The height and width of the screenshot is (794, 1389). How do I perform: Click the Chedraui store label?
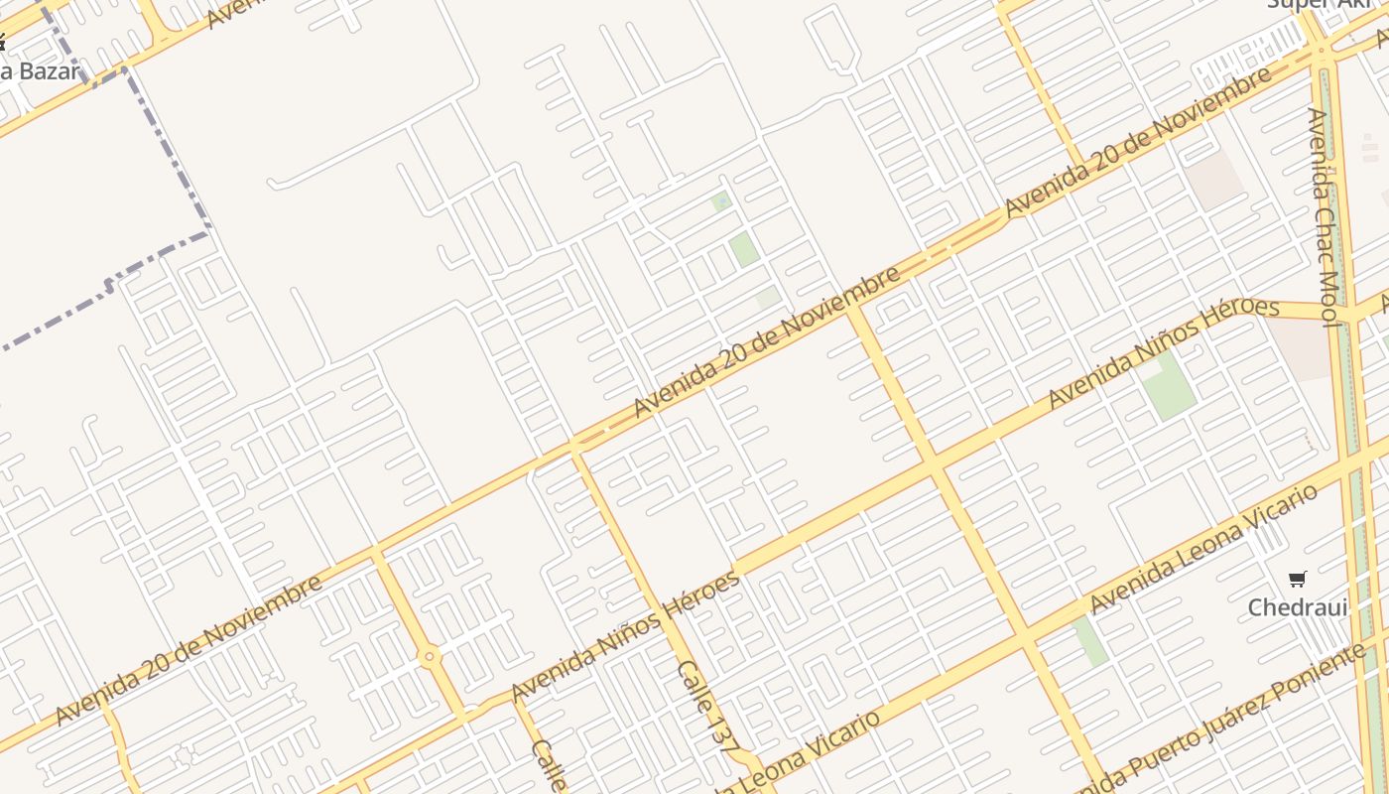(x=1298, y=606)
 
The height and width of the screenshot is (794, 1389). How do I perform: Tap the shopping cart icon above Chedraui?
(x=1297, y=579)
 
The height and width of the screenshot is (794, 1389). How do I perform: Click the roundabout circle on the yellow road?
(x=429, y=656)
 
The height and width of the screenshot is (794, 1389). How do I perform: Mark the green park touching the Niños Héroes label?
(x=1170, y=385)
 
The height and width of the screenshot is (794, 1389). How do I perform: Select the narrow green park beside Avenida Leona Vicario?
(x=1090, y=641)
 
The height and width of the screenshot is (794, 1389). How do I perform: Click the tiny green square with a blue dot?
(x=721, y=201)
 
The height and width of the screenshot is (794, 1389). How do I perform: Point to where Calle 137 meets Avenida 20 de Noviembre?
(x=574, y=448)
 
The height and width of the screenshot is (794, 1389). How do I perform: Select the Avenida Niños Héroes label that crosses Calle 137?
(x=625, y=635)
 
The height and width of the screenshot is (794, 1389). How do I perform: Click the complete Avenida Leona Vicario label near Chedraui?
(x=1202, y=548)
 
